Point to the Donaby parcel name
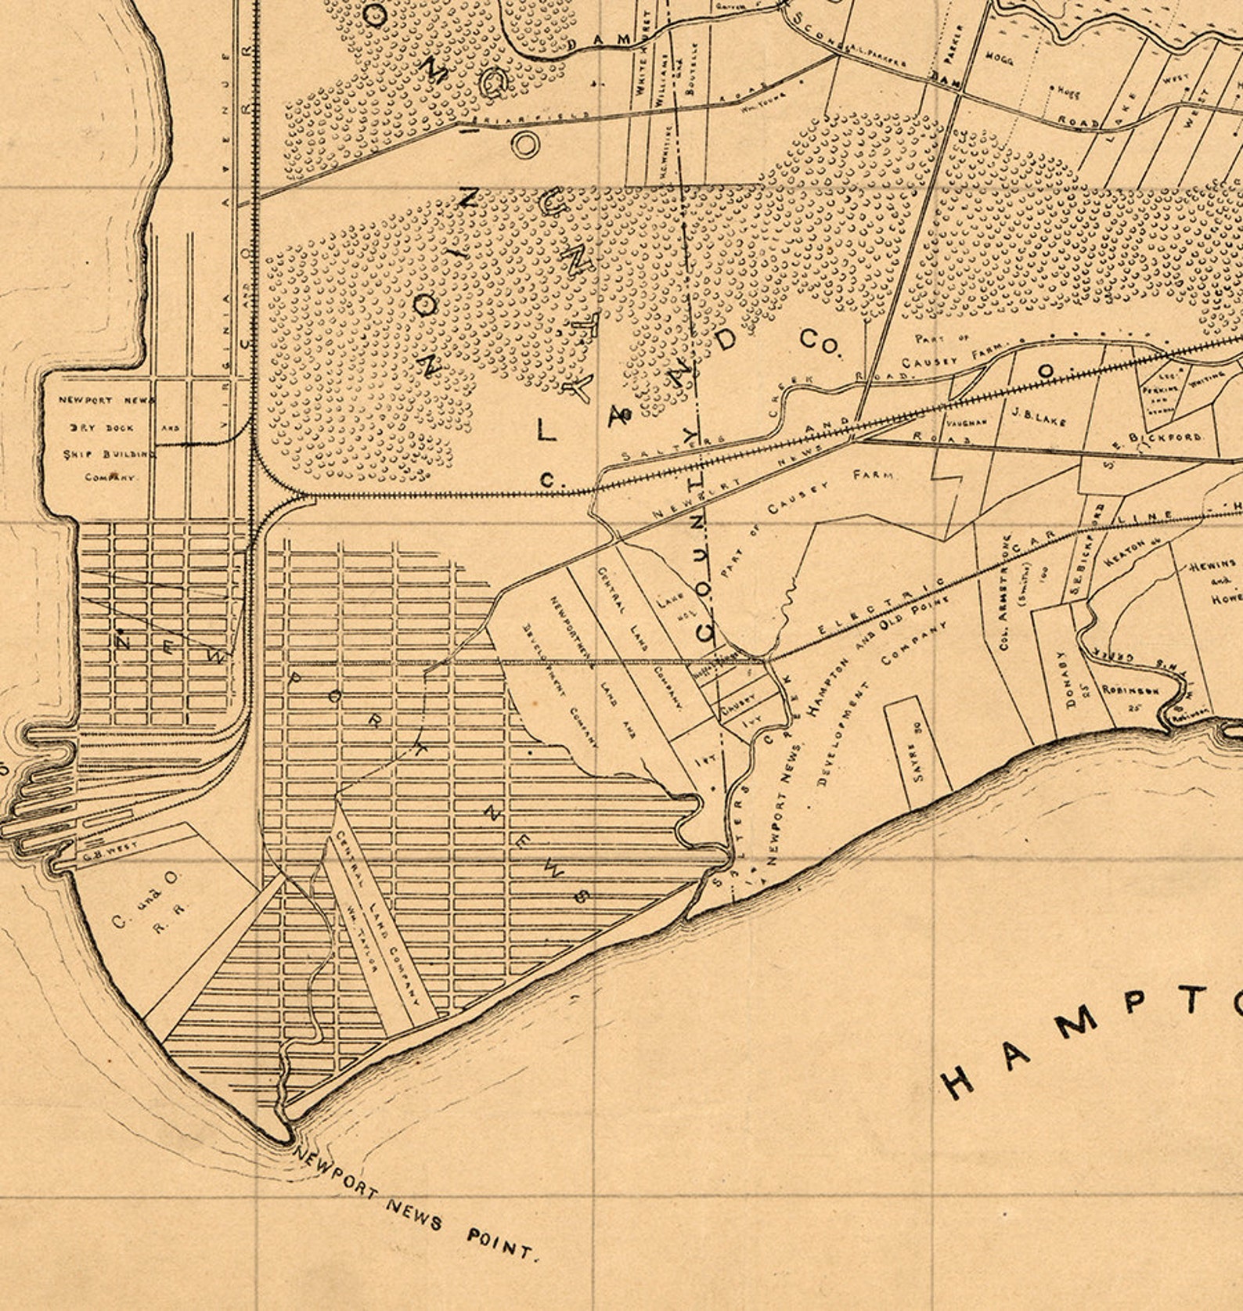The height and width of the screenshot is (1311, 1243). point(1061,681)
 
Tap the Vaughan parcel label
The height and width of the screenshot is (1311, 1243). point(967,420)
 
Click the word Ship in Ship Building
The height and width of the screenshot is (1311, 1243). point(74,453)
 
